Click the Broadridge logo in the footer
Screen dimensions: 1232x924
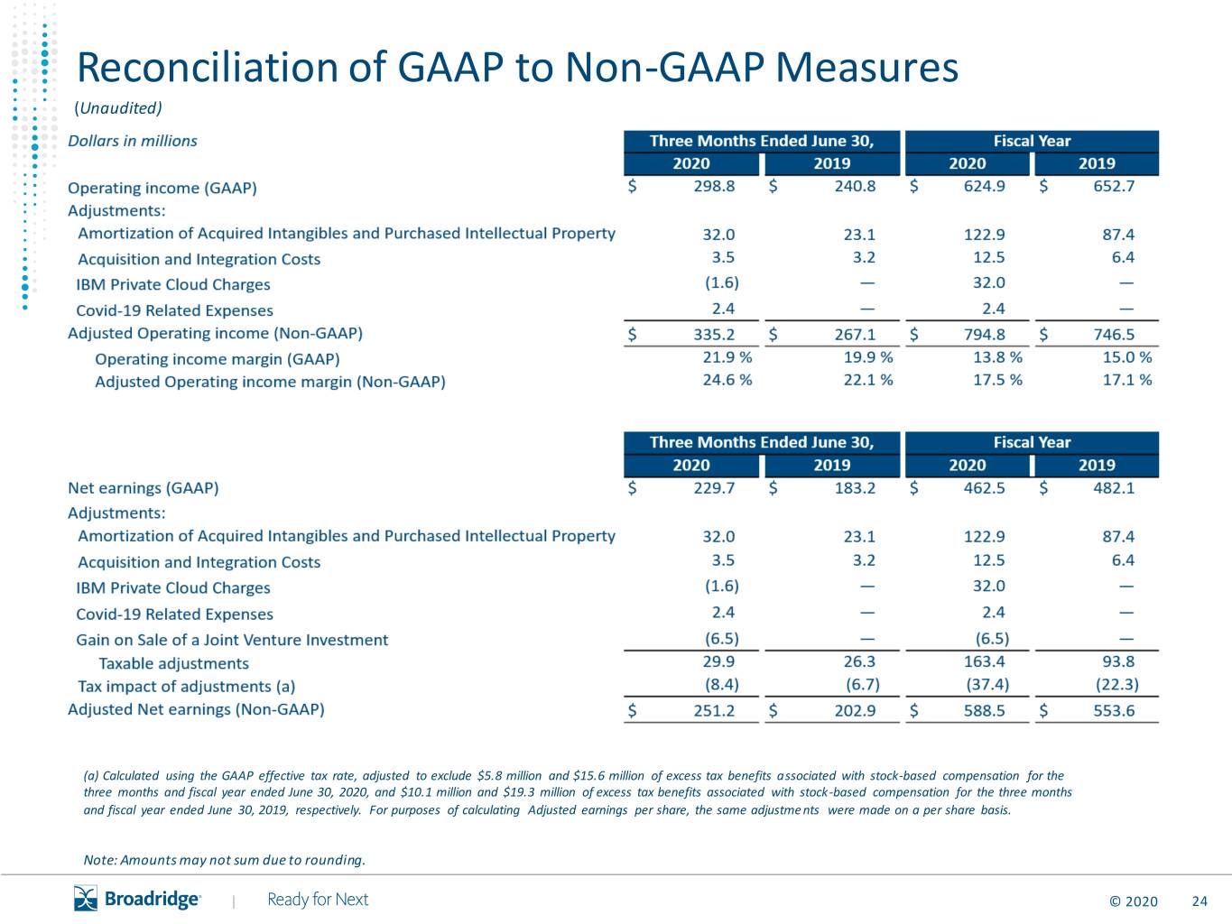click(x=137, y=899)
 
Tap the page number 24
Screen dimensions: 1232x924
click(x=1200, y=901)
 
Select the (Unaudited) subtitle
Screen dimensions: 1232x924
click(x=118, y=107)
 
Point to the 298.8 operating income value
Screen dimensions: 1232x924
click(x=714, y=186)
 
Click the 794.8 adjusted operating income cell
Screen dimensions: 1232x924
click(x=984, y=335)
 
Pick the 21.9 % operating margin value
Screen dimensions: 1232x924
click(x=727, y=357)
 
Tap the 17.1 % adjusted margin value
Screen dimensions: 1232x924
click(x=1127, y=381)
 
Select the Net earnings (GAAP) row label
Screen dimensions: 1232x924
click(x=144, y=488)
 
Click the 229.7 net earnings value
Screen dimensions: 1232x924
click(x=714, y=488)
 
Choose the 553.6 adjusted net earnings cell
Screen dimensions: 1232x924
click(x=1114, y=711)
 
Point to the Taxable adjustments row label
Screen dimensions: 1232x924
click(x=174, y=664)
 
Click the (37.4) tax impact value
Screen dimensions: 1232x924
click(x=987, y=685)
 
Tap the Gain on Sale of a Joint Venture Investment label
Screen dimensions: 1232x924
click(x=232, y=640)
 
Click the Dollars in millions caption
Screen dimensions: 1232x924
click(x=133, y=141)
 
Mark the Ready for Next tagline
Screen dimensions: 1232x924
click(x=318, y=900)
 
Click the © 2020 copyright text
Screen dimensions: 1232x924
click(x=1134, y=901)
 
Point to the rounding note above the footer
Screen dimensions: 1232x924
click(x=225, y=860)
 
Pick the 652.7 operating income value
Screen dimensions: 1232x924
click(x=1114, y=186)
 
